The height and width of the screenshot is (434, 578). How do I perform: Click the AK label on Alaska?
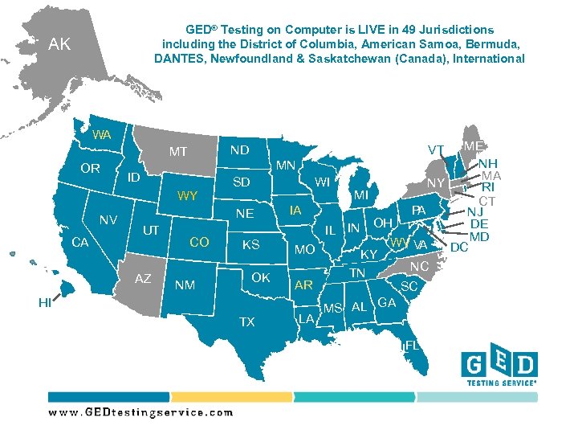(x=59, y=44)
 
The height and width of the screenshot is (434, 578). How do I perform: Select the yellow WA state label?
(x=101, y=134)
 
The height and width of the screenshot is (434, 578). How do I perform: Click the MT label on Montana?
(x=177, y=151)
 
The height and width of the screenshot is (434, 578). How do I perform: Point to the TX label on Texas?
(x=246, y=321)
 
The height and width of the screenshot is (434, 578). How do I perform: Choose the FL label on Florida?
(x=412, y=345)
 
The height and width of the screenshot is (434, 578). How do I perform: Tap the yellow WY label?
(x=187, y=195)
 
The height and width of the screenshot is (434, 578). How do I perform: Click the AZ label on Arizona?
(x=143, y=278)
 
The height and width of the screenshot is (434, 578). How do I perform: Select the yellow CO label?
(x=199, y=242)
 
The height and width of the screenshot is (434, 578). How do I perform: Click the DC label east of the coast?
(x=459, y=248)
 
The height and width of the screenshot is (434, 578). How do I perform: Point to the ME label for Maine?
(x=473, y=146)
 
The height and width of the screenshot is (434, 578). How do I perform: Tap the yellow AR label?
(x=303, y=285)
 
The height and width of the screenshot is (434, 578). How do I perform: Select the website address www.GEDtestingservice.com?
(x=140, y=412)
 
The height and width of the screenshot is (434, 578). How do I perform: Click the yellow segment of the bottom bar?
(x=231, y=397)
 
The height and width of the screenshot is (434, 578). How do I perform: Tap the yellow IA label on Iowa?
(x=295, y=211)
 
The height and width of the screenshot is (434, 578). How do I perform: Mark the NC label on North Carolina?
(x=419, y=266)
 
